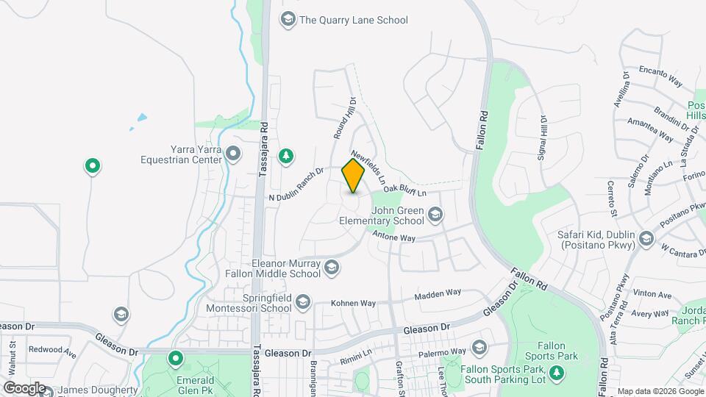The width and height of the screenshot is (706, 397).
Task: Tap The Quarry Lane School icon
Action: click(x=288, y=19)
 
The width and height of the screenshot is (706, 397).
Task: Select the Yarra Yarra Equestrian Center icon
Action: click(x=234, y=154)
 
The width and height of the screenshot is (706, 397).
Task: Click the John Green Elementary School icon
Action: click(x=435, y=214)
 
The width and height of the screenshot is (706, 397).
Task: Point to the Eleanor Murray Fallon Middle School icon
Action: click(x=331, y=267)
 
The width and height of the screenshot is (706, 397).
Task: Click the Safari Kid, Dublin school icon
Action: click(x=646, y=237)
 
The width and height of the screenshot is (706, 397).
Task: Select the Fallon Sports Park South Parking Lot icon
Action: click(x=557, y=373)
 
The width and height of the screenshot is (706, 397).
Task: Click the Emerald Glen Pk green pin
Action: click(x=175, y=359)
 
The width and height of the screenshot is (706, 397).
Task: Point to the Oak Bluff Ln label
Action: click(x=404, y=190)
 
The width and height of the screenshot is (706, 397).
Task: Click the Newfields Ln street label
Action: click(x=368, y=168)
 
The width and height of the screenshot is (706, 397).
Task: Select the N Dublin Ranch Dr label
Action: click(x=297, y=187)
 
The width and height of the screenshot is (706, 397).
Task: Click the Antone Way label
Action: click(x=394, y=237)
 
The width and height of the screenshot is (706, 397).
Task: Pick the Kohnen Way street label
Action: click(x=353, y=303)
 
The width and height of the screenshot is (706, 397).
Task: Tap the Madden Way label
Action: click(x=438, y=293)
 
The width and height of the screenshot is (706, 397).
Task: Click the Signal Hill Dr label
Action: click(x=543, y=137)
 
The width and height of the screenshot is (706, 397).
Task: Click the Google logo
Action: click(x=24, y=387)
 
